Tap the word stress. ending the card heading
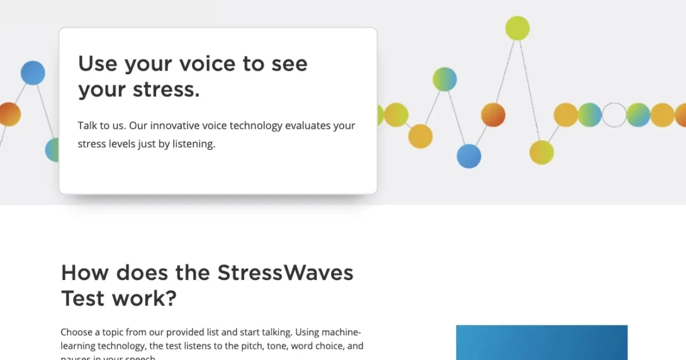(x=166, y=90)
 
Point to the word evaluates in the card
(x=307, y=125)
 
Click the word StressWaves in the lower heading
(x=285, y=273)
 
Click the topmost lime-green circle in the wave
(x=517, y=28)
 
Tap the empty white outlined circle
(x=614, y=115)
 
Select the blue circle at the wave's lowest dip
(x=468, y=156)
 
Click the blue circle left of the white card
(x=33, y=73)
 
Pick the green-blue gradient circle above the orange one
(x=444, y=79)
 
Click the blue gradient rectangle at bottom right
(x=541, y=342)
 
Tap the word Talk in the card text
(x=87, y=125)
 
